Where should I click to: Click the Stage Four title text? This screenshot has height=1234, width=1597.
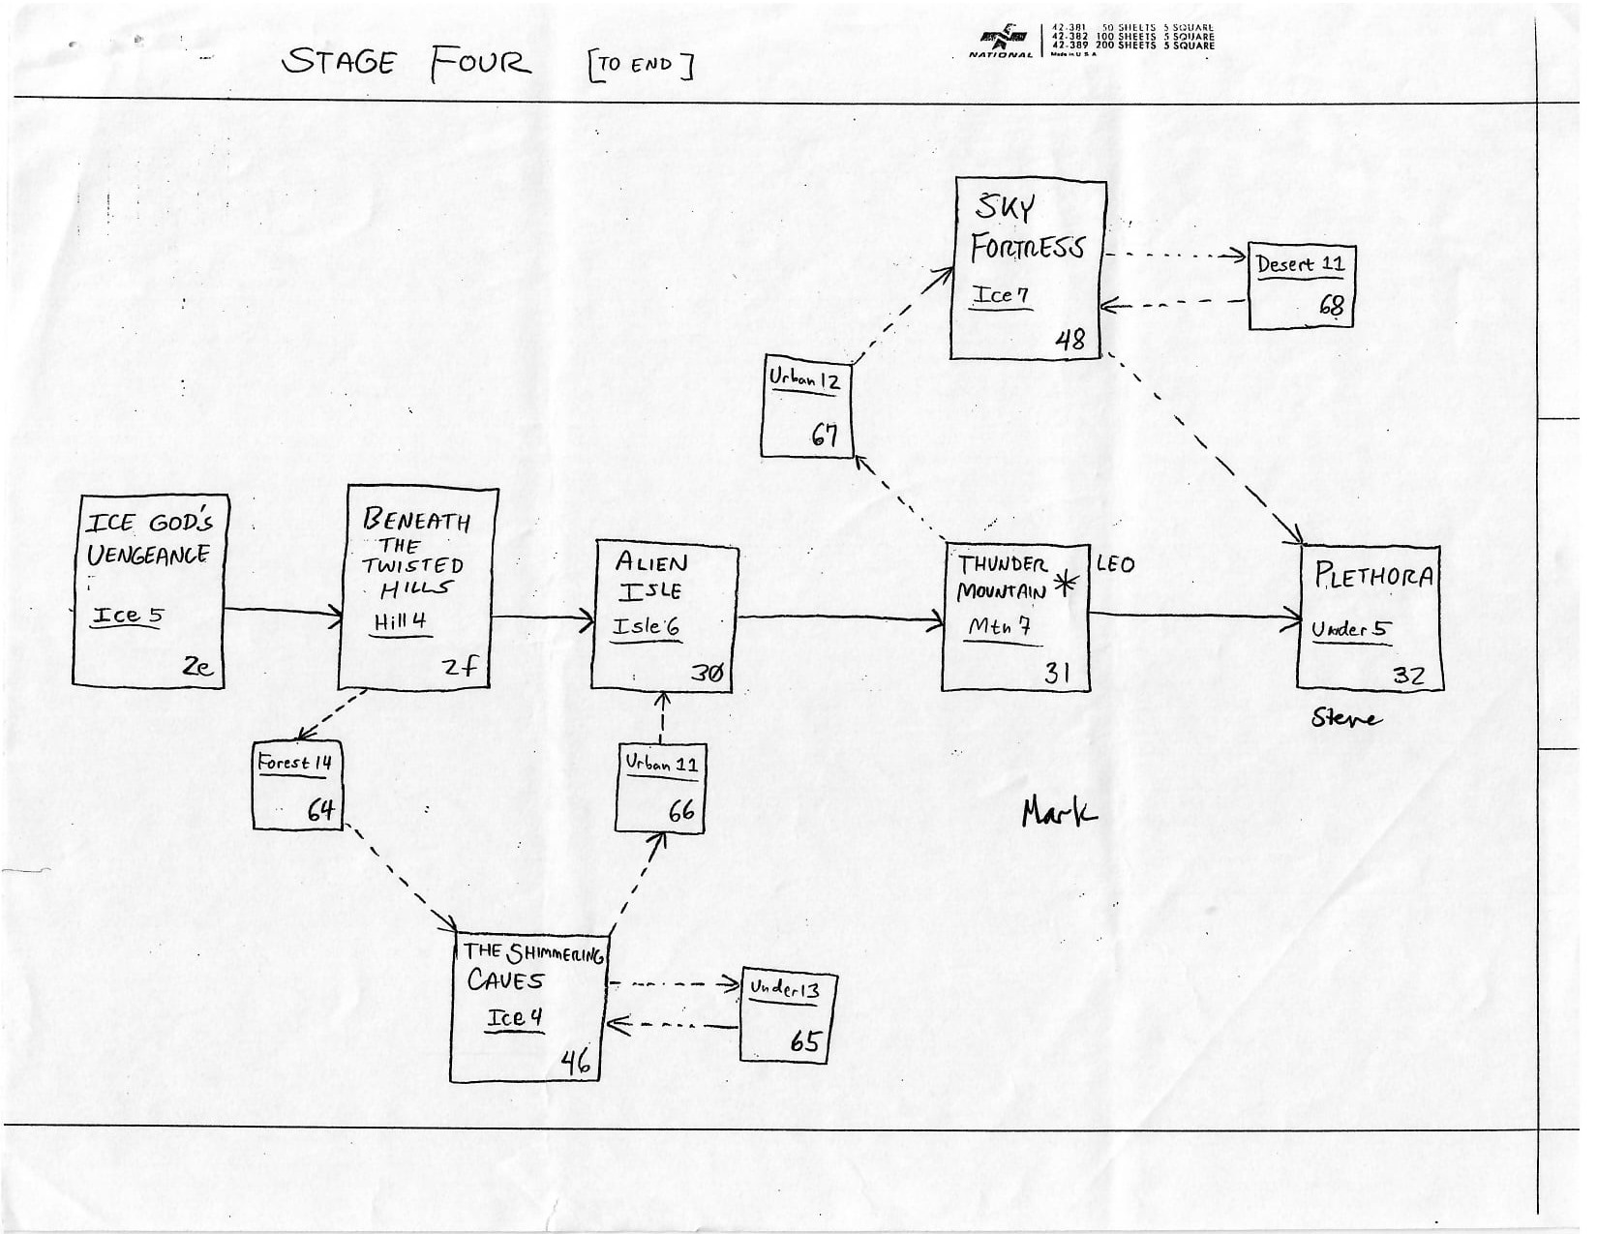407,63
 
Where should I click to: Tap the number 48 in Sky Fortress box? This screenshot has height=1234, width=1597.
1070,340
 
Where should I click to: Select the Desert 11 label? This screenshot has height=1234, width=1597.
1299,264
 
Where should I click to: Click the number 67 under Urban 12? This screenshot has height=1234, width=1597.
824,436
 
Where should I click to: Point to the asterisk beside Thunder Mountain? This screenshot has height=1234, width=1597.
1066,584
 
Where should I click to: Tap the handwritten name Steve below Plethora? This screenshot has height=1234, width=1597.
1345,718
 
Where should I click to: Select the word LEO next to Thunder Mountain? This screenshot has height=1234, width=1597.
1115,564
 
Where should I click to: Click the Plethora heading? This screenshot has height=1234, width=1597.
1372,577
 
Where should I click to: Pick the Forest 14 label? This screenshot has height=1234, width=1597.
294,763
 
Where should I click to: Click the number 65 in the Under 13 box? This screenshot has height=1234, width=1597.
804,1041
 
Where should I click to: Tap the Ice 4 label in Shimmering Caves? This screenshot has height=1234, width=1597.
514,1018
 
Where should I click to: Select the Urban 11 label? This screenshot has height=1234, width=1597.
661,764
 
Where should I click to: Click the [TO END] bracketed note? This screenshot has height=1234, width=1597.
640,65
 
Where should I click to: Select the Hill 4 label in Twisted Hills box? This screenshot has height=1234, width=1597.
400,622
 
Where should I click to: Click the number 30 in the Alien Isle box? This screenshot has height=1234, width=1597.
708,674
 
